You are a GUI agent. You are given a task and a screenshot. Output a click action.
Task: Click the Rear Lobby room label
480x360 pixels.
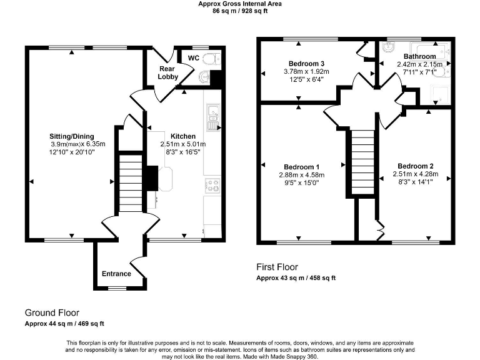coord(167,72)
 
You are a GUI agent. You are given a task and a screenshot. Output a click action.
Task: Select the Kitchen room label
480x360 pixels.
coord(183,136)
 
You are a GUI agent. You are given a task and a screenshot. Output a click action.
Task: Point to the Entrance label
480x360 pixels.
coord(116,274)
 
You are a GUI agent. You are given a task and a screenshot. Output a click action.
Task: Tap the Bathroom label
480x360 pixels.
coord(419,56)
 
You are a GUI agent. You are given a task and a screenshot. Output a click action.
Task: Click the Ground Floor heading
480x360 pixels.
coord(52,312)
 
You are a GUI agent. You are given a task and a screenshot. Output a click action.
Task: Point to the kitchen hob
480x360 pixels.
coord(212,184)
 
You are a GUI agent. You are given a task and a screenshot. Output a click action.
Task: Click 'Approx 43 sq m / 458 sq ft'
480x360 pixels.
coord(296,278)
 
